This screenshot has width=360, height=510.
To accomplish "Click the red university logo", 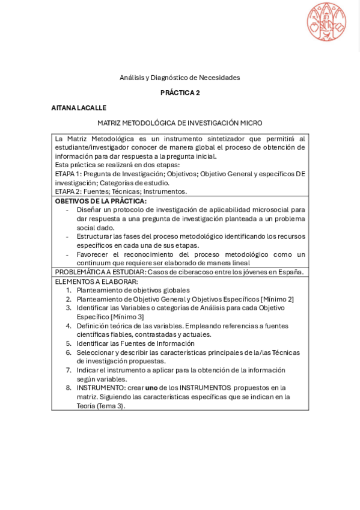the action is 326,22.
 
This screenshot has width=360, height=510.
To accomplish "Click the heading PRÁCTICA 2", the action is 180,93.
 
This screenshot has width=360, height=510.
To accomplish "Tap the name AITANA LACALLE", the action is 79,108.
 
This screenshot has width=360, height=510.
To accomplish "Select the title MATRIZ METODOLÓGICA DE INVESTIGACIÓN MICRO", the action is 180,123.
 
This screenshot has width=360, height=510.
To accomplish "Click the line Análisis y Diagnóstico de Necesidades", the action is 180,78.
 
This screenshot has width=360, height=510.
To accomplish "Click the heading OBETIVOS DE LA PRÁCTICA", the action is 100,201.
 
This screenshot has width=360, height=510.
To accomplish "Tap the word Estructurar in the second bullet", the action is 94,236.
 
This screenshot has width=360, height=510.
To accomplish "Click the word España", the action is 290,272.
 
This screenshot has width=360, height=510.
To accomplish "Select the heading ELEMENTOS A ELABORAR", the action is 96,281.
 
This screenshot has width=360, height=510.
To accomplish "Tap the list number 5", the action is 69,343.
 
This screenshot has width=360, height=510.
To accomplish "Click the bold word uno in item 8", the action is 151,388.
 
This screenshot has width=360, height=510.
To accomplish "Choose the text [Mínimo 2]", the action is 277,299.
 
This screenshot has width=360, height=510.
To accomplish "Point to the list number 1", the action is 69,290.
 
